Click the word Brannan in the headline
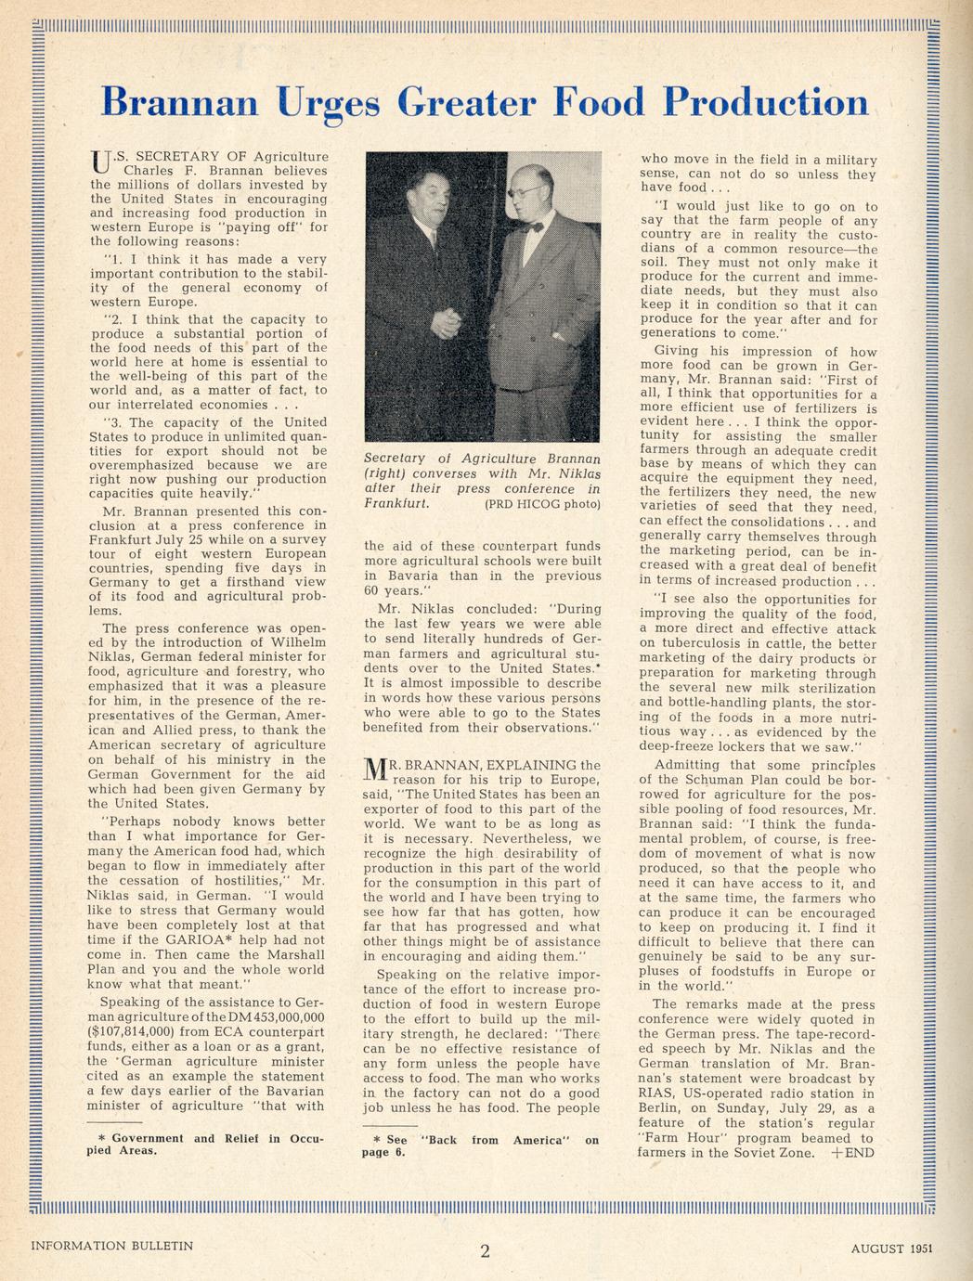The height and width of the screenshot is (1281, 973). point(178,102)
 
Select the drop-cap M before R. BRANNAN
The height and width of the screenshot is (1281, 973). point(373,770)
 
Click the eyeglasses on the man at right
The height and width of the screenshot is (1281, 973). point(522,192)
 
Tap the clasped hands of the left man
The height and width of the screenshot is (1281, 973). point(447,324)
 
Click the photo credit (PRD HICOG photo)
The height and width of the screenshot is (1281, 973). point(542,504)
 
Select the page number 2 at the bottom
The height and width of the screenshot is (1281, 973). point(485,1250)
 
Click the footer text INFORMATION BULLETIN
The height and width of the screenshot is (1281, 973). point(112,1246)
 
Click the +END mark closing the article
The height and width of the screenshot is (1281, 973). point(853,1153)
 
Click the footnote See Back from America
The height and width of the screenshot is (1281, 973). point(480,1145)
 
